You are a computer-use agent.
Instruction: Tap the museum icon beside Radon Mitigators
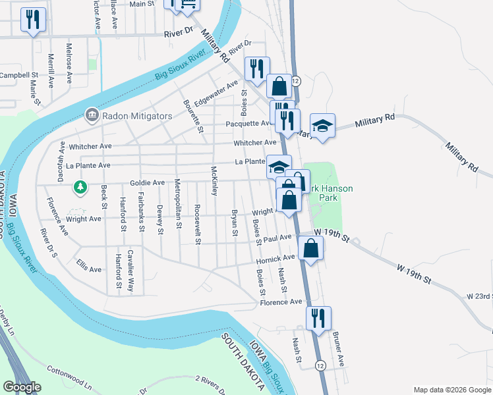91,116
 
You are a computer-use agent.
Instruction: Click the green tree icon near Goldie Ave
80,188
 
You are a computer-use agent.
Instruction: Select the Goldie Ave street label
147,182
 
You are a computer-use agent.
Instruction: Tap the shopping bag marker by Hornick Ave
311,249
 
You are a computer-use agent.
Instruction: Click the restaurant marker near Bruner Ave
319,319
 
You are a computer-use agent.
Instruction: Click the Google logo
22,387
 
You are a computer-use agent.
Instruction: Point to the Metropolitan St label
178,203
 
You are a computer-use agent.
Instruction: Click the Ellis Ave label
89,269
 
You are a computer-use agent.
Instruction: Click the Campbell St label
19,75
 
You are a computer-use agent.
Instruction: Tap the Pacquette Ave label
248,123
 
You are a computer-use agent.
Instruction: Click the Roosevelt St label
197,224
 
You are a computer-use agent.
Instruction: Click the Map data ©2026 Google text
451,388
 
